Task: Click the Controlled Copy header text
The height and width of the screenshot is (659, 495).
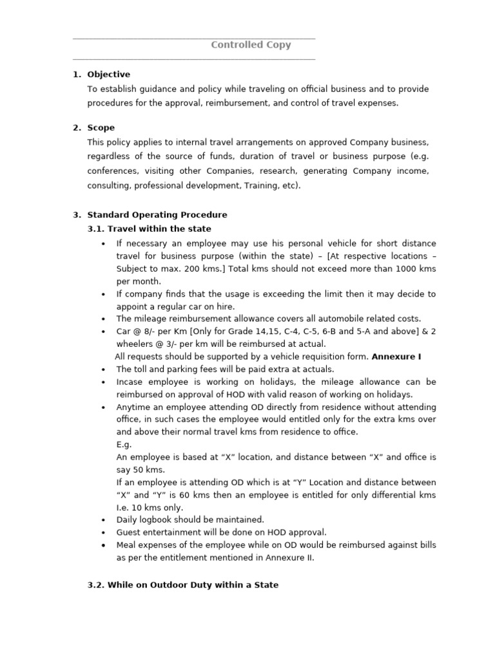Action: [251, 45]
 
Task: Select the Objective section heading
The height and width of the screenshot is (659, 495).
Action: [108, 74]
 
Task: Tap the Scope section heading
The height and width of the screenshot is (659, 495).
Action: [101, 127]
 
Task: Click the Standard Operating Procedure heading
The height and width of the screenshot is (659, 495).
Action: [157, 214]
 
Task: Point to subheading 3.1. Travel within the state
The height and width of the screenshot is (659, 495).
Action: [149, 228]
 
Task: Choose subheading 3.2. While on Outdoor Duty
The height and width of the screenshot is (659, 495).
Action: [183, 584]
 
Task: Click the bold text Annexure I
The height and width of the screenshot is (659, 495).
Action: [396, 356]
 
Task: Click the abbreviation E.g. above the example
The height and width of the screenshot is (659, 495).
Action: [124, 444]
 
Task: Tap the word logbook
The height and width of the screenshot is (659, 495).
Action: [155, 519]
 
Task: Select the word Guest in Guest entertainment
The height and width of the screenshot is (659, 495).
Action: [129, 532]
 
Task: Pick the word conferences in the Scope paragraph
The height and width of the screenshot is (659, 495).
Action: [113, 171]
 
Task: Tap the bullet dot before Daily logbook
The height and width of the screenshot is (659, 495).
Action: [104, 520]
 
